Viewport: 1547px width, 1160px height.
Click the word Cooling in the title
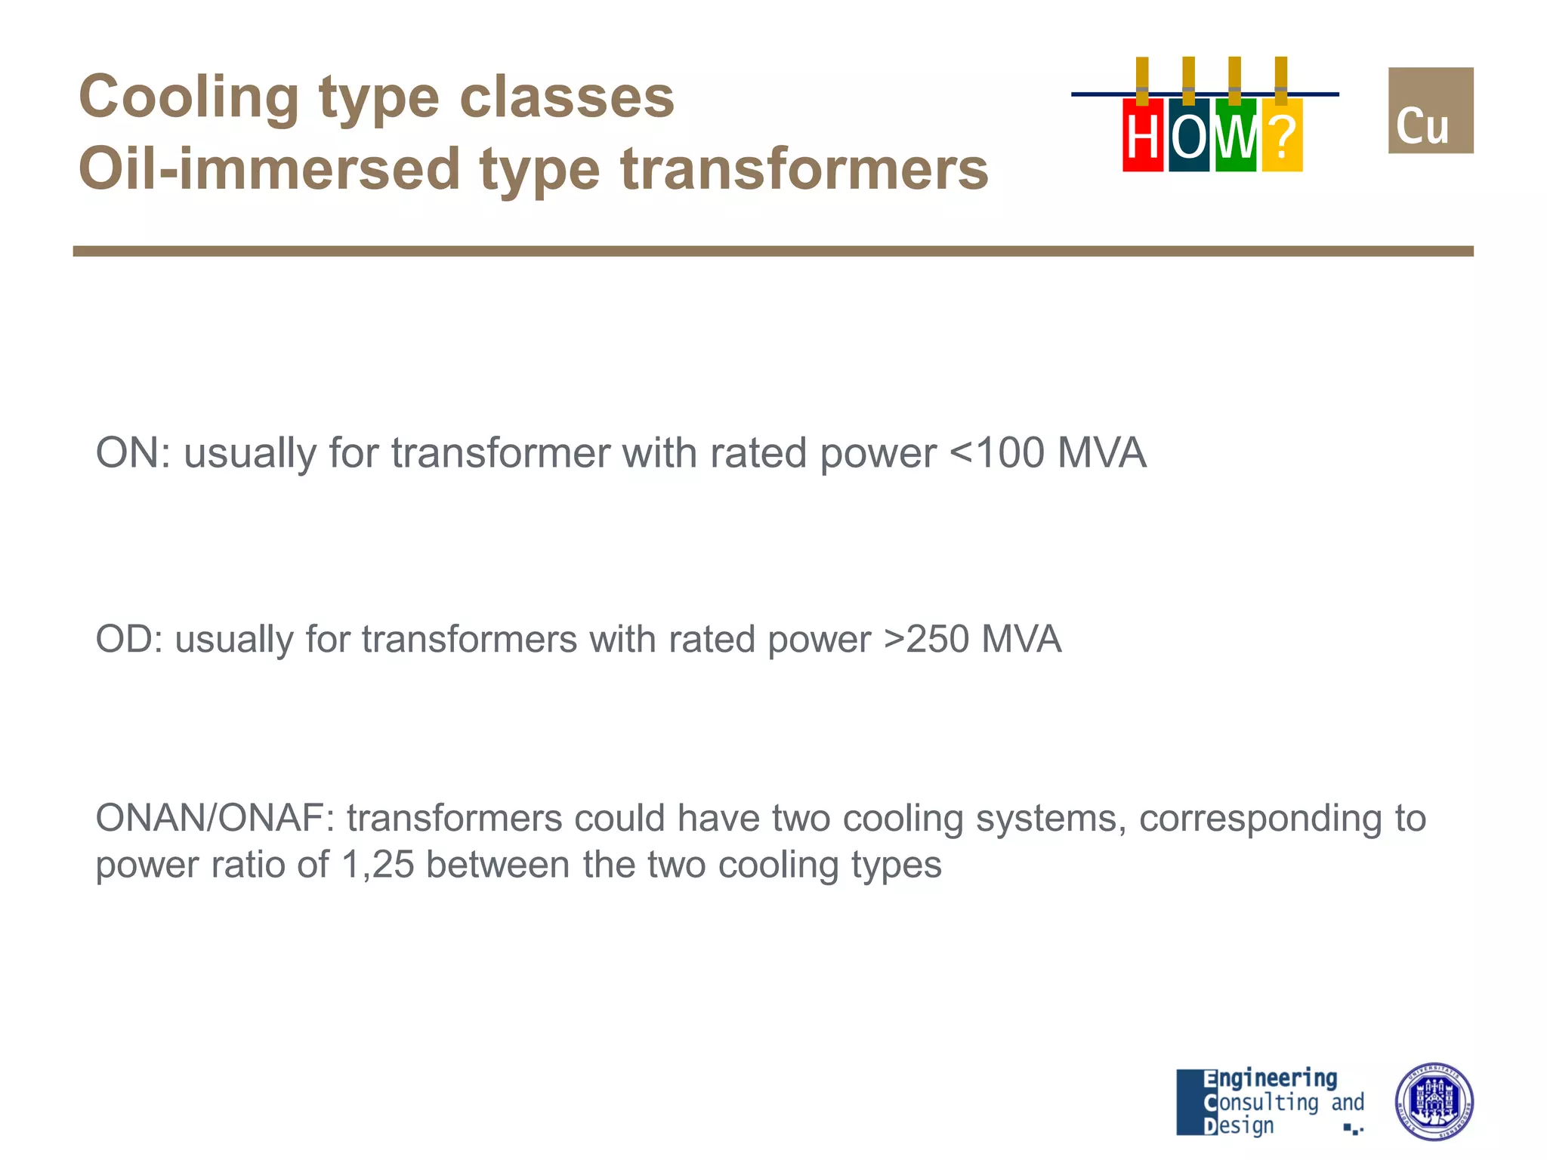[189, 98]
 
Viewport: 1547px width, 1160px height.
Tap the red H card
[1142, 136]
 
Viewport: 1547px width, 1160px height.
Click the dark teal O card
[1188, 136]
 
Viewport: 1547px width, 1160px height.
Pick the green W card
[1235, 136]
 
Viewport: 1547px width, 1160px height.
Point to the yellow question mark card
[1282, 136]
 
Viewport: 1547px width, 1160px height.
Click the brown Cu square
[1430, 111]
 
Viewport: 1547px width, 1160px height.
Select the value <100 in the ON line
[997, 453]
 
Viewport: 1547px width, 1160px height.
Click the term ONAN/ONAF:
[215, 818]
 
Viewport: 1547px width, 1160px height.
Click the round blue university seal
[1434, 1102]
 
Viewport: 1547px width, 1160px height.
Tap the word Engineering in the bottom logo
[1271, 1078]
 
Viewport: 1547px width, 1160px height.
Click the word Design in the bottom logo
[1239, 1126]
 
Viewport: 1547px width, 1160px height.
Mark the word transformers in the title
[804, 169]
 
